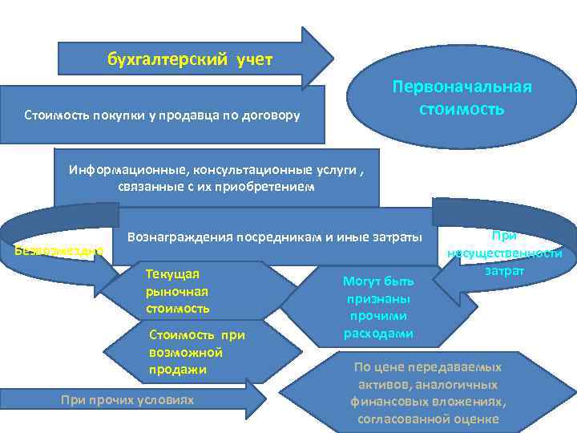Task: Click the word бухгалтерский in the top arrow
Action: pyautogui.click(x=168, y=59)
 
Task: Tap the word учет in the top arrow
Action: pyautogui.click(x=254, y=59)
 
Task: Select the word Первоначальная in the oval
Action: pyautogui.click(x=462, y=87)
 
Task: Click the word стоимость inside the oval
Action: pyautogui.click(x=462, y=108)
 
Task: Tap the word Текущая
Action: pyautogui.click(x=167, y=273)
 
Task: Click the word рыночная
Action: pyautogui.click(x=177, y=291)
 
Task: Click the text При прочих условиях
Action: pyautogui.click(x=127, y=399)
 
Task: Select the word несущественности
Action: pyautogui.click(x=506, y=253)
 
